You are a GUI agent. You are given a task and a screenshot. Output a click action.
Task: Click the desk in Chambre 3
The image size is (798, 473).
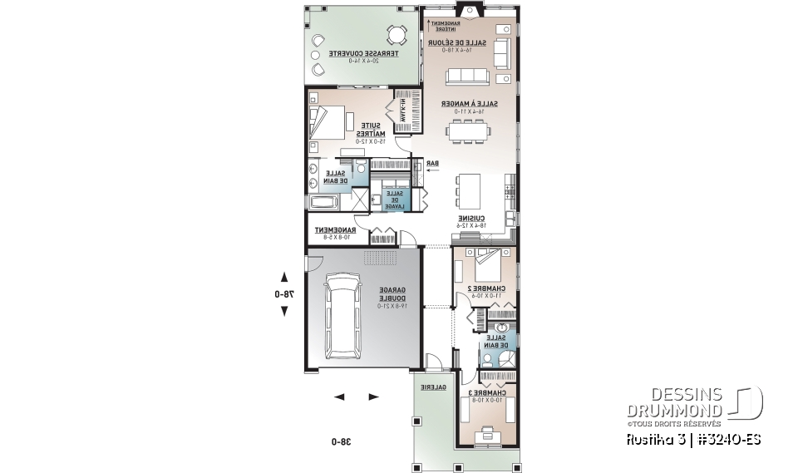point(487,434)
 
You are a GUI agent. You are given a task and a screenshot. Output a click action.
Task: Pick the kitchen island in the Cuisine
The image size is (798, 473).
point(470,190)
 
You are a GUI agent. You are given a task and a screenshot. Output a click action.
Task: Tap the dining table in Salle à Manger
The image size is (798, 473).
point(471,131)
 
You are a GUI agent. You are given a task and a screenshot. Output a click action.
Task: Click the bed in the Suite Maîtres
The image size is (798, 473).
point(327,123)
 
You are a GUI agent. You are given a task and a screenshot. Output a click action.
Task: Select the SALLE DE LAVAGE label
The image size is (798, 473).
point(392,199)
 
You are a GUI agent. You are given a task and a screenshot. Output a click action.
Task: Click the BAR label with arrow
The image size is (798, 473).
point(432,164)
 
